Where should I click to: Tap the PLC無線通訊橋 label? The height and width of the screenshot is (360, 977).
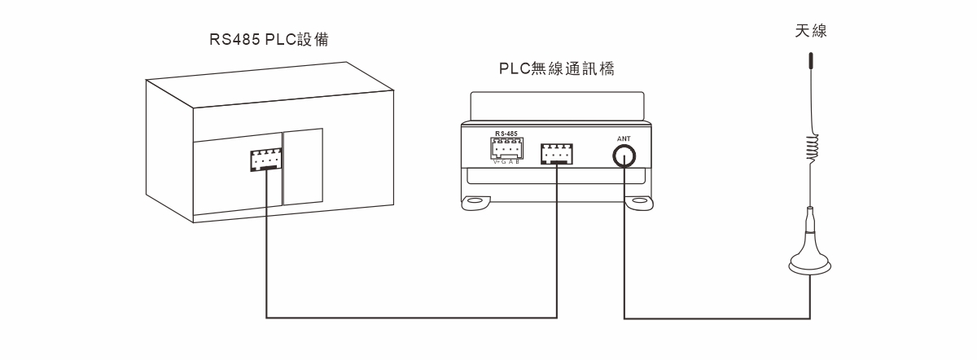point(556,69)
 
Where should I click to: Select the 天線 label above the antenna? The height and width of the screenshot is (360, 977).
point(811,31)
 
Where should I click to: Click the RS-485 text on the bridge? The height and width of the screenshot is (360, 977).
point(506,132)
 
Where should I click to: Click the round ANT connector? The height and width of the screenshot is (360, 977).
point(624,155)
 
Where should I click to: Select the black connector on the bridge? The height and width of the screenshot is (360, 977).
point(557,152)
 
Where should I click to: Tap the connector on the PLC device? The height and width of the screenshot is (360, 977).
point(266,160)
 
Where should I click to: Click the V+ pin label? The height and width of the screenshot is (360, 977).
point(497,161)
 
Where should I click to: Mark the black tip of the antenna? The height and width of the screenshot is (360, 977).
point(810,61)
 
